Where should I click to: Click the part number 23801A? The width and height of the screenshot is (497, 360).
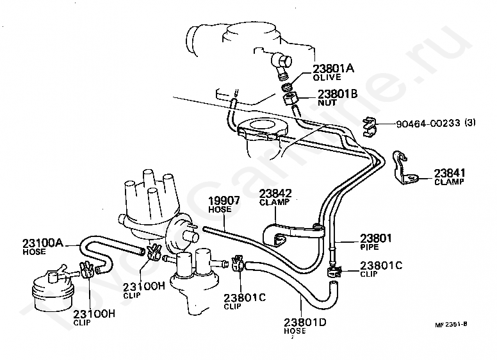[334, 69]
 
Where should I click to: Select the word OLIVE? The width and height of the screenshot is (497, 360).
[327, 77]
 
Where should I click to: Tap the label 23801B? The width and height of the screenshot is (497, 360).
[338, 94]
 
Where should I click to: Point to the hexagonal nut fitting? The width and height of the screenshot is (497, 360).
[289, 99]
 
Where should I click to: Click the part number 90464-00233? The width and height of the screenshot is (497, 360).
[428, 123]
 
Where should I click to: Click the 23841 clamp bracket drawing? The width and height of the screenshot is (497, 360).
[404, 168]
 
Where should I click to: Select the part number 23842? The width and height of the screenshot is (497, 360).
[275, 193]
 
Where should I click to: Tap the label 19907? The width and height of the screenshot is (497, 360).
[224, 201]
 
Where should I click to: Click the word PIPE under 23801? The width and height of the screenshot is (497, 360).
[370, 247]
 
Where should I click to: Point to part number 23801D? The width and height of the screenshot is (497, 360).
[305, 322]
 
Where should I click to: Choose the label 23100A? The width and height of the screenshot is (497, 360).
[42, 243]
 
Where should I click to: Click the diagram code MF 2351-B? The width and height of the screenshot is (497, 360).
[451, 324]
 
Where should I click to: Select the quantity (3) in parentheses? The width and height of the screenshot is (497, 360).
[470, 122]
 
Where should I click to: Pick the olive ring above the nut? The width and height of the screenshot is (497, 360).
[288, 87]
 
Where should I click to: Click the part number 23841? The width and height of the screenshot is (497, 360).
[450, 173]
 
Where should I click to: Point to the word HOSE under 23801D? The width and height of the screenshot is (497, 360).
[295, 331]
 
